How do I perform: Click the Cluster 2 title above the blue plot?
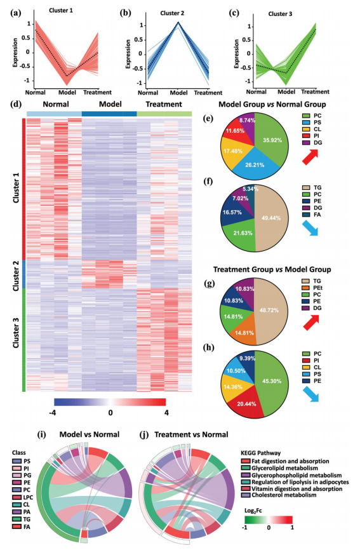(172, 13)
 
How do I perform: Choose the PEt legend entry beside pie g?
(312, 288)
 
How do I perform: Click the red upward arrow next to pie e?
(310, 156)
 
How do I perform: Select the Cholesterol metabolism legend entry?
(279, 495)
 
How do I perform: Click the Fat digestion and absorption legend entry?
(285, 461)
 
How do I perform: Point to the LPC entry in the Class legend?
(23, 497)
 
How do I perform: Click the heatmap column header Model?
(110, 104)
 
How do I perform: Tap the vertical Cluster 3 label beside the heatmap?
(16, 331)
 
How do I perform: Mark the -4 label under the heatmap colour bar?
(53, 413)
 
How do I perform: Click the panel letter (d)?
(16, 104)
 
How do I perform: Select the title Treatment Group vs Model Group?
(272, 269)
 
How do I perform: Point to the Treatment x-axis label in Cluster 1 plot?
(97, 92)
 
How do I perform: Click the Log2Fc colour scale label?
(253, 511)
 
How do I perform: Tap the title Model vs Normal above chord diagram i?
(90, 434)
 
